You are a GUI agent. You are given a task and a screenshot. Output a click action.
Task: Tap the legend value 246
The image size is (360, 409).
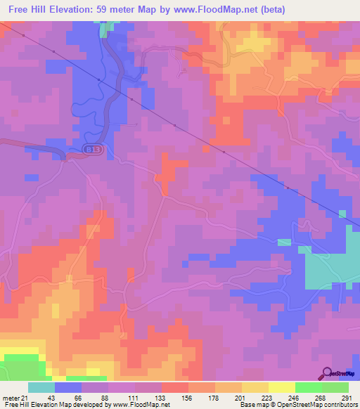(x=295, y=398)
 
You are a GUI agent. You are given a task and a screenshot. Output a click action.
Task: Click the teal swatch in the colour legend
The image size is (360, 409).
(x=41, y=387)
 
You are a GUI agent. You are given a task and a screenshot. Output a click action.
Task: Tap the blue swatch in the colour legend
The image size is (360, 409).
(x=68, y=387)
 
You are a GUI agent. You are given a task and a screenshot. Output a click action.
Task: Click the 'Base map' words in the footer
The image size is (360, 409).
(x=251, y=405)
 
